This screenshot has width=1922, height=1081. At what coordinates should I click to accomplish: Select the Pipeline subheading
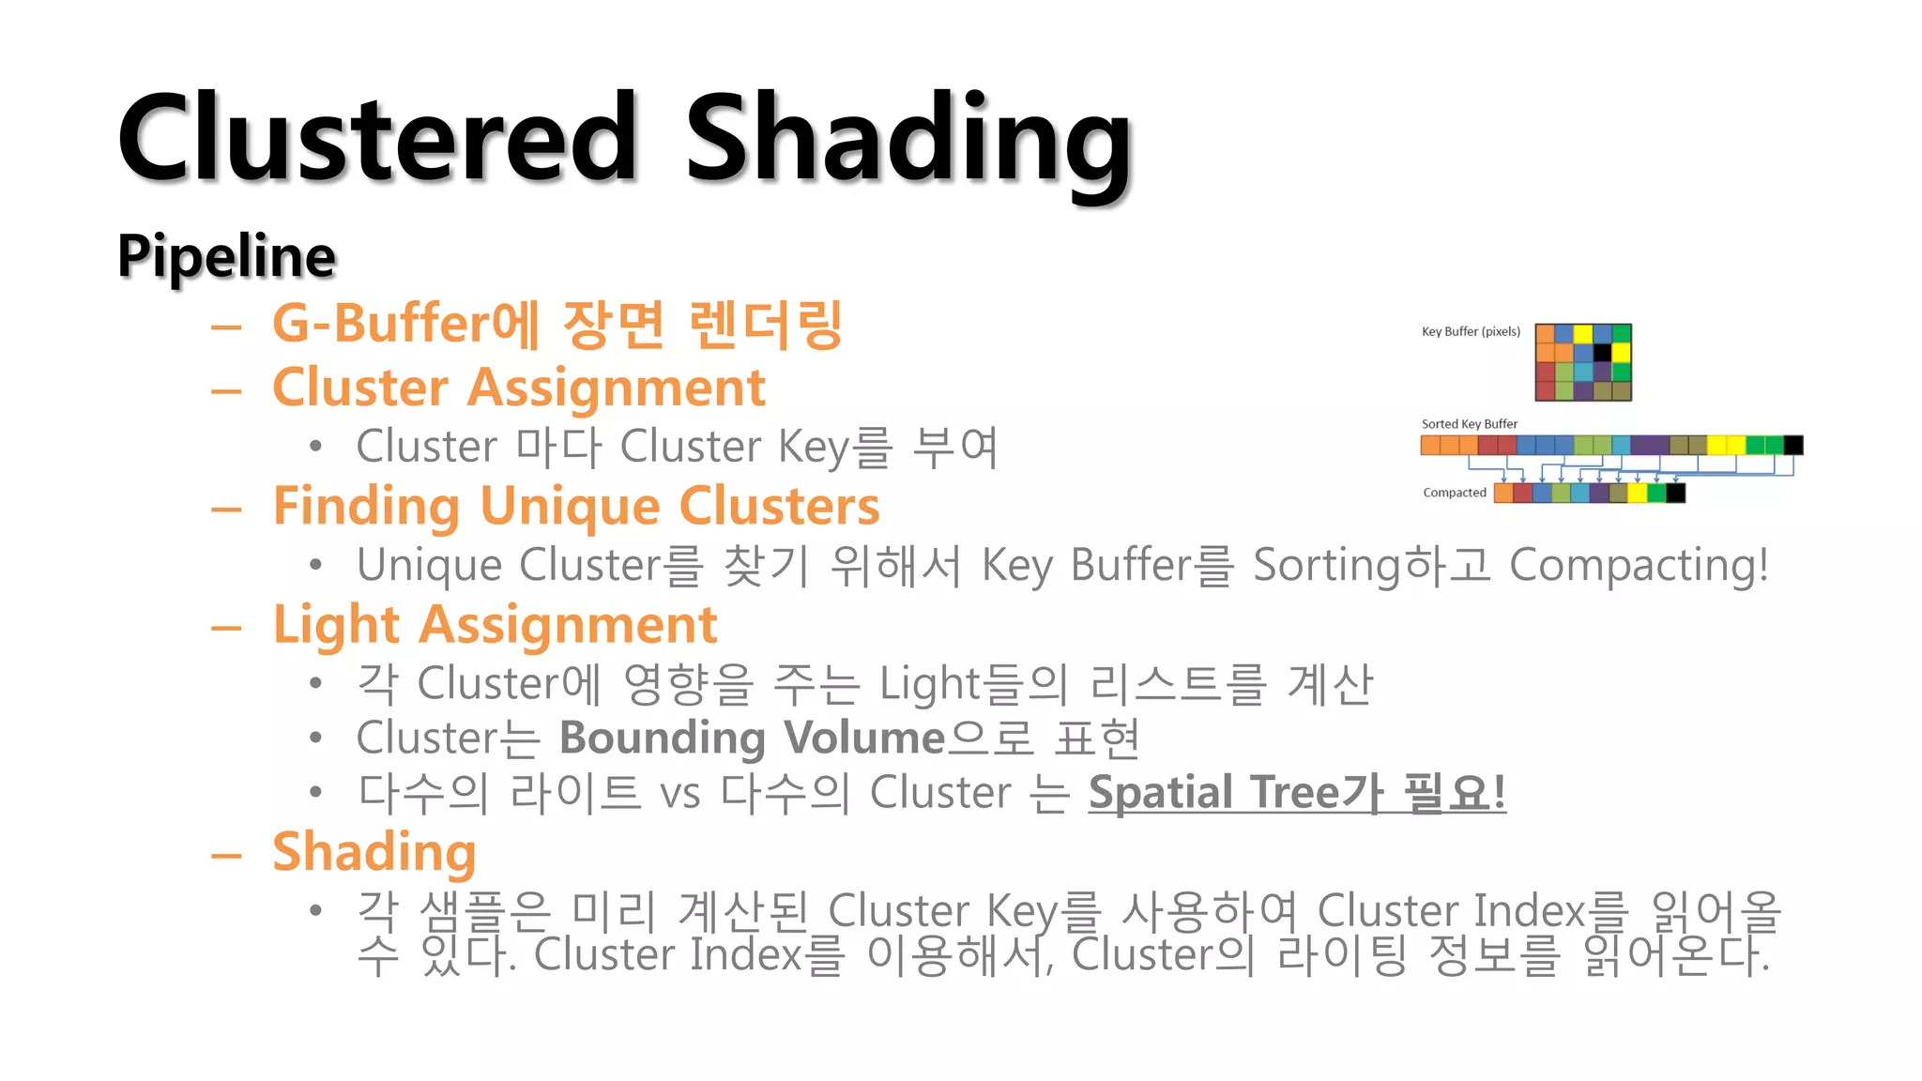[x=226, y=256]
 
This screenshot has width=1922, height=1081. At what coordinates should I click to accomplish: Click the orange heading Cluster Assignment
[x=519, y=388]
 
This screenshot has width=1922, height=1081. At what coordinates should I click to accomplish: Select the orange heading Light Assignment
[x=495, y=625]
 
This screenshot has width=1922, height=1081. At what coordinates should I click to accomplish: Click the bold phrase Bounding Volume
[x=752, y=738]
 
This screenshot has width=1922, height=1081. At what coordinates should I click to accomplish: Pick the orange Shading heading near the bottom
[x=374, y=852]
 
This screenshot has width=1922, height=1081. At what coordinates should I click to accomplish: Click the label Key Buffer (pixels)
[x=1471, y=331]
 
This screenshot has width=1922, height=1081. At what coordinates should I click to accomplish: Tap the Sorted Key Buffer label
[x=1469, y=424]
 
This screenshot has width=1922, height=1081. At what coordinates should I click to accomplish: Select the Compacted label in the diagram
[x=1455, y=493]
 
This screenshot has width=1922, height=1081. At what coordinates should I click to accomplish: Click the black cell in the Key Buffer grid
[x=1603, y=353]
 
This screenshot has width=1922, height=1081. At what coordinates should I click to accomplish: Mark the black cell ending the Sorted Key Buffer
[x=1793, y=445]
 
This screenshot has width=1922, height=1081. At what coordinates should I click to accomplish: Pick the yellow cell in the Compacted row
[x=1638, y=494]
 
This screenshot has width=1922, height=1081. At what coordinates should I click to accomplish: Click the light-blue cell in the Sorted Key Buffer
[x=1622, y=445]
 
